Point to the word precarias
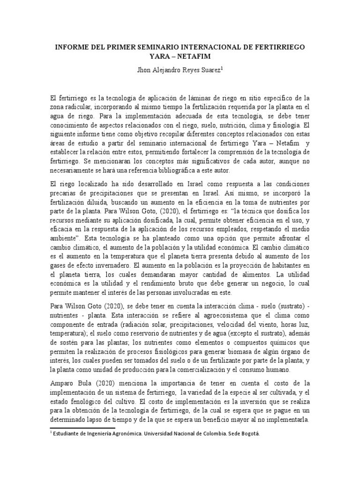pos(65,193)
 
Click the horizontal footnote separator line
pos(82,427)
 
